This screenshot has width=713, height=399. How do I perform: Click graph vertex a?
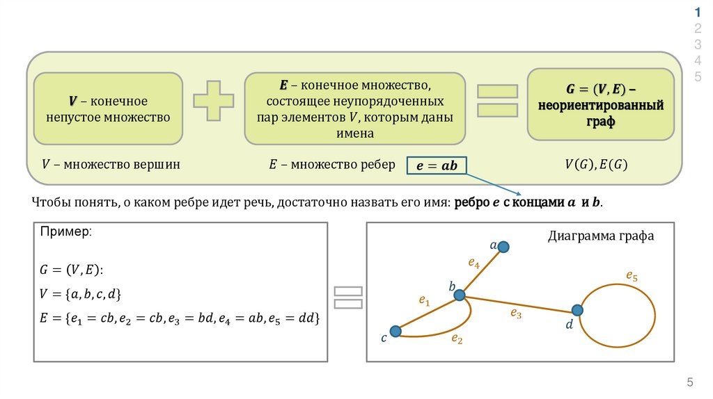(503, 247)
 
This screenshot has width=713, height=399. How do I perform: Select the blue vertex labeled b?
(460, 295)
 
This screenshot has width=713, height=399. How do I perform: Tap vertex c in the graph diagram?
(395, 332)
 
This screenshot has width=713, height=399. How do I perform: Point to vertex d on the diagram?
(577, 310)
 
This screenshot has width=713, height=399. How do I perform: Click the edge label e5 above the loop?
(632, 276)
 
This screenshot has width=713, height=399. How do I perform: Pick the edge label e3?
(515, 313)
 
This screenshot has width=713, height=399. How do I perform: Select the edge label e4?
(473, 263)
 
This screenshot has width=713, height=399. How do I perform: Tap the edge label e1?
(424, 300)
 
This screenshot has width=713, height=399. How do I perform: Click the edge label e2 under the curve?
(457, 339)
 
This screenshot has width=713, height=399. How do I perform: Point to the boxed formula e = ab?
(437, 165)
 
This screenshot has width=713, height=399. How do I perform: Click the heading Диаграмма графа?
(601, 236)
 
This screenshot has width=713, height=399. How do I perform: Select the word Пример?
(65, 232)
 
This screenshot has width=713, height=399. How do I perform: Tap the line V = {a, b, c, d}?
(81, 294)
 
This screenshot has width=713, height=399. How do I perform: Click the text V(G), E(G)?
(596, 165)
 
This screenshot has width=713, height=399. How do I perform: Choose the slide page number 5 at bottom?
(690, 382)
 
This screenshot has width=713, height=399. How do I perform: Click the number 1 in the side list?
(697, 13)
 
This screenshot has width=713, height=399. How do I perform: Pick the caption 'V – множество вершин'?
(111, 165)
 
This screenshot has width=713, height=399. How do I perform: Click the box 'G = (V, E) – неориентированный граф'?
(600, 104)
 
